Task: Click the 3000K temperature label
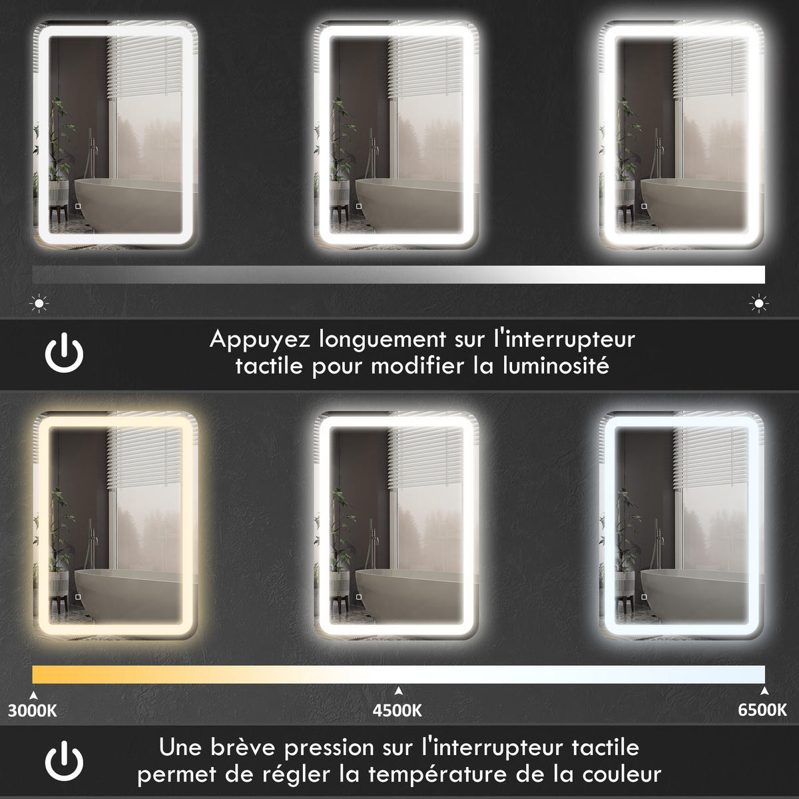33,710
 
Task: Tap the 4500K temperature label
398,710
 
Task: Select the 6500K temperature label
762,710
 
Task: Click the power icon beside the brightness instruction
65,352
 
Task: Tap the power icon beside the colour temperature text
65,760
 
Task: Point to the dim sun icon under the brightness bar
39,304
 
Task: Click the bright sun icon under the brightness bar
759,304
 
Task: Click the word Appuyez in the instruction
260,340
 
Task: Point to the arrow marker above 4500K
398,690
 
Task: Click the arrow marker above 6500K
764,690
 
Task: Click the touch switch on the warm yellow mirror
77,597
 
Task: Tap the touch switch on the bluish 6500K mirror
644,597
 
